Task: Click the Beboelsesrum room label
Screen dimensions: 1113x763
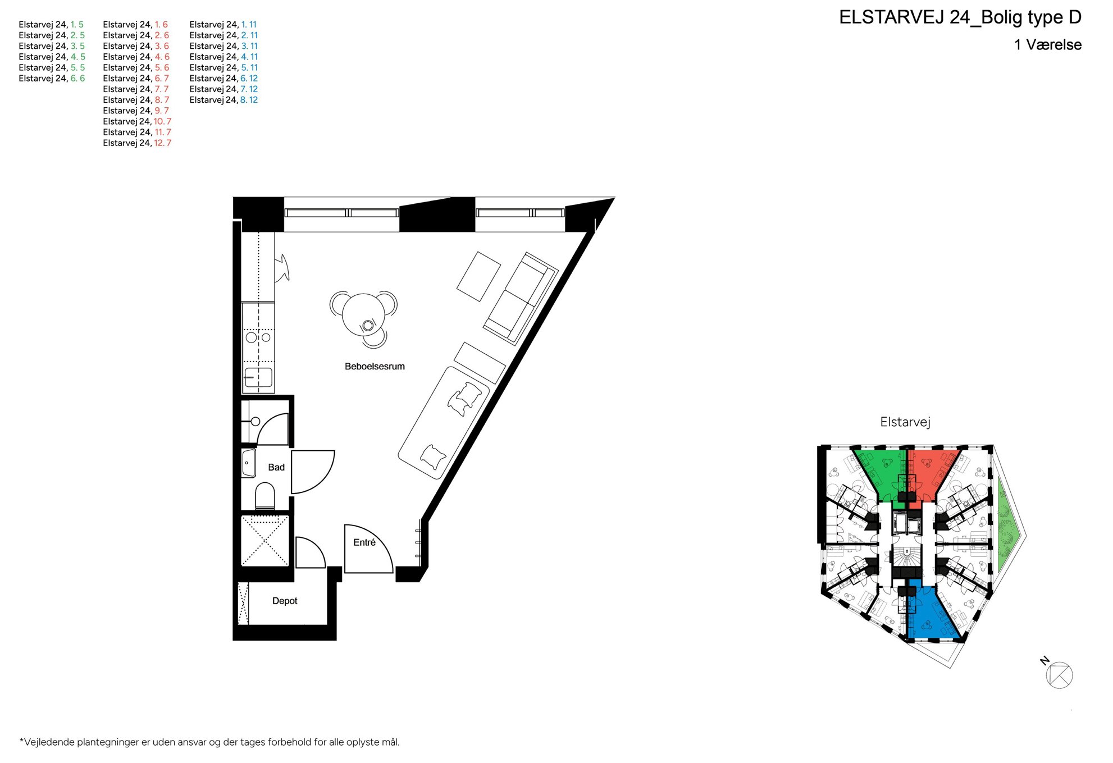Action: [x=375, y=367]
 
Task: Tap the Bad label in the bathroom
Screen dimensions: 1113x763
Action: [x=276, y=467]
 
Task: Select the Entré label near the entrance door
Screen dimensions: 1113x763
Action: [x=364, y=542]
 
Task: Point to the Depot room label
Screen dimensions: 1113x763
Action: [x=285, y=601]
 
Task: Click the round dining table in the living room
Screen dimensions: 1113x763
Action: [x=363, y=315]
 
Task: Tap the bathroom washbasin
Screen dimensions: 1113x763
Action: [x=249, y=464]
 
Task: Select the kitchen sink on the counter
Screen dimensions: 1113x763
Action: [x=258, y=377]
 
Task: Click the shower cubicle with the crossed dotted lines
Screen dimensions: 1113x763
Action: [x=264, y=541]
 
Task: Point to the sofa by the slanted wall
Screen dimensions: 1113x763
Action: [x=521, y=298]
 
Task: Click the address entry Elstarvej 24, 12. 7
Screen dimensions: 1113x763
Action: [x=137, y=143]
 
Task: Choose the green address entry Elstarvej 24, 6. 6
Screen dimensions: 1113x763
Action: [x=52, y=79]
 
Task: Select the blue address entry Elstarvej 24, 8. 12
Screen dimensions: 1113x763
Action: [x=223, y=100]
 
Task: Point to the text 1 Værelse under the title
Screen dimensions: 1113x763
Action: [x=1048, y=45]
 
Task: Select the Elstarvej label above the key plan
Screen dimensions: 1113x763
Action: [x=905, y=422]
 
